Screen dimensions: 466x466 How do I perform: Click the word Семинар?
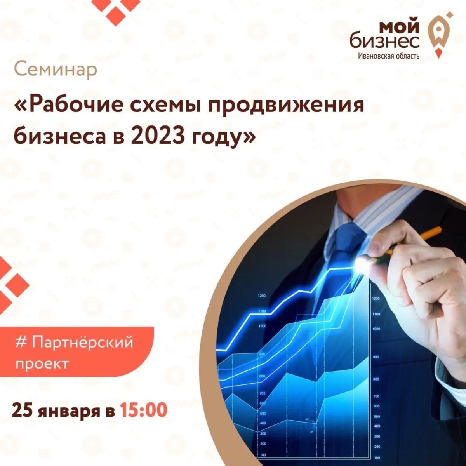(56, 70)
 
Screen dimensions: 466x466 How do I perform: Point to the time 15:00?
(143, 410)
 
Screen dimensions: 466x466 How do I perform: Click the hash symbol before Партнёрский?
(21, 342)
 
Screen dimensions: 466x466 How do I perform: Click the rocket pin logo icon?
(439, 34)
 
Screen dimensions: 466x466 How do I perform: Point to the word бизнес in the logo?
(385, 41)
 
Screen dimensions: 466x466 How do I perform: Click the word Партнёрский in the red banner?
(82, 343)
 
